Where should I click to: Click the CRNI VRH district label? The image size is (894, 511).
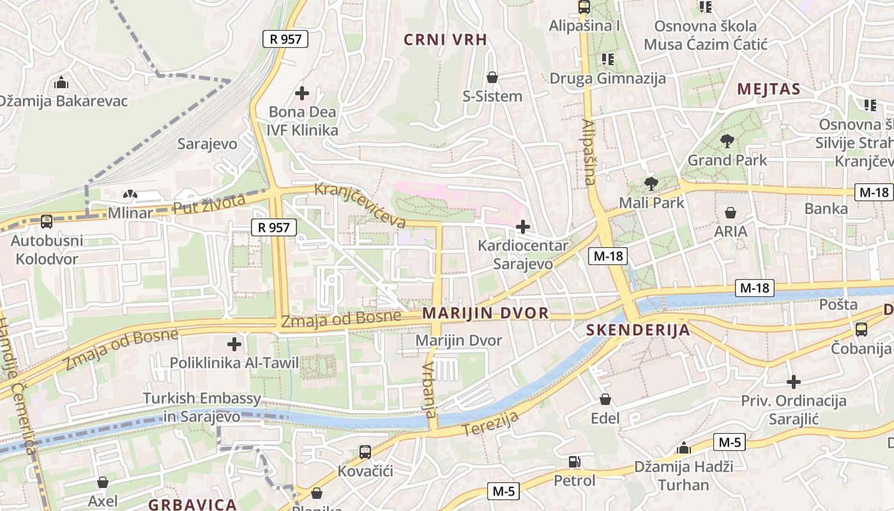coord(445,40)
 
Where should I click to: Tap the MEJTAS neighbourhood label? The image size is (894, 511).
coord(769,89)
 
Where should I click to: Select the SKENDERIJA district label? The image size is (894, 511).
coord(638,330)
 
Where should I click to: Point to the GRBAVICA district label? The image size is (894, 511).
coord(192,505)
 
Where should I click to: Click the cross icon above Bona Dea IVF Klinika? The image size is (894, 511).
coord(302,94)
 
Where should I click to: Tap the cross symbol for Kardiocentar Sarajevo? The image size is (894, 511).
coord(522,226)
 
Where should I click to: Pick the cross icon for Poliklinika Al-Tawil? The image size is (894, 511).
coord(234,344)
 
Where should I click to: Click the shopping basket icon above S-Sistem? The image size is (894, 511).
coord(492,78)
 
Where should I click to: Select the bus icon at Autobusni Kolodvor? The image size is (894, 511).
coord(47,222)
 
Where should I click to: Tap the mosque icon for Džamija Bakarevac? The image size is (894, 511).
coord(61,82)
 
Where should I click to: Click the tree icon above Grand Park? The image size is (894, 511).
coord(727,141)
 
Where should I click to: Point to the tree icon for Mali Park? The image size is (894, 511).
coord(651,185)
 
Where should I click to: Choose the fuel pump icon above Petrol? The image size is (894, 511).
coord(574,461)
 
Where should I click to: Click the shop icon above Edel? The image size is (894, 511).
coord(605,400)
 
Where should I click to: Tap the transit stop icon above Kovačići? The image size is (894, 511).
coord(365,452)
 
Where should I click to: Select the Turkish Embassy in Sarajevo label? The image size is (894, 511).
coord(202,408)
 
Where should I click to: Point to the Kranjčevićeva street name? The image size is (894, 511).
coord(360,205)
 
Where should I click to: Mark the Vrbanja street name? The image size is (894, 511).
coord(430,388)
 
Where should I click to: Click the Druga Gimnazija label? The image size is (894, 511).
coord(607,78)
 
